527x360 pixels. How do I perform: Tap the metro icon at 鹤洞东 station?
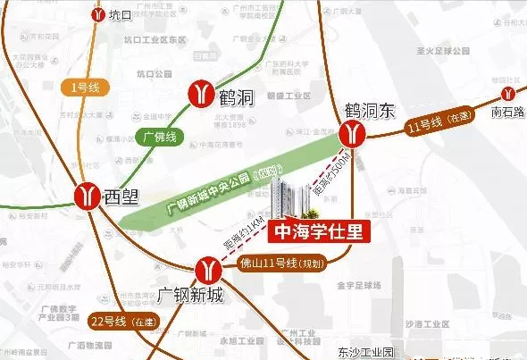click(x=356, y=134)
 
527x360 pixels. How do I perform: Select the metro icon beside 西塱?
click(x=87, y=193)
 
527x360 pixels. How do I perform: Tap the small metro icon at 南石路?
click(x=507, y=92)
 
